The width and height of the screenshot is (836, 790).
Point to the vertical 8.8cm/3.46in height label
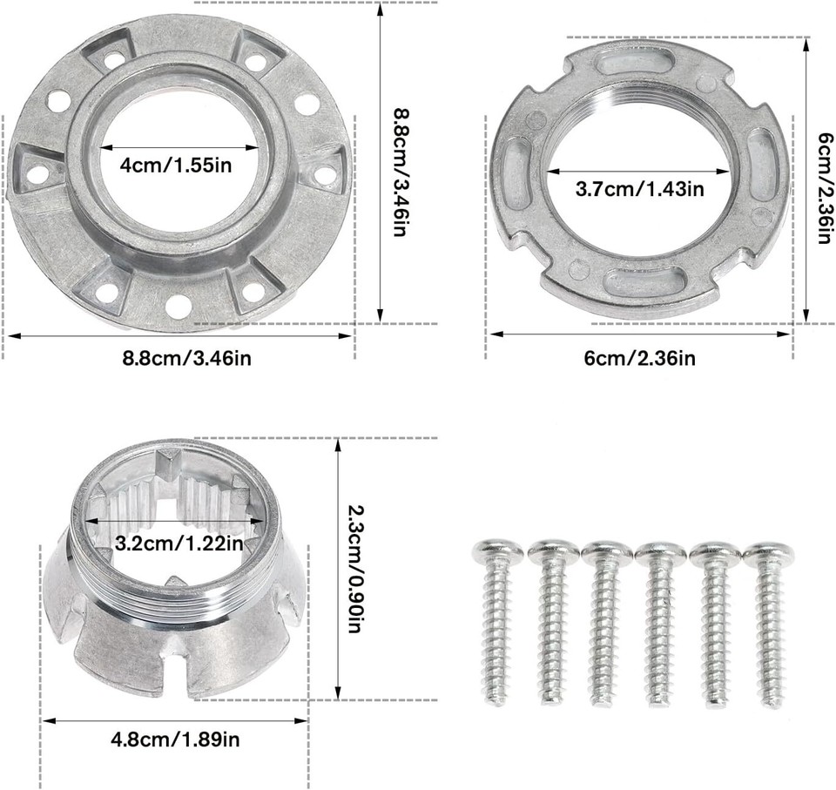click(x=400, y=174)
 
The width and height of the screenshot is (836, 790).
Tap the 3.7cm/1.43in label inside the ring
click(x=640, y=187)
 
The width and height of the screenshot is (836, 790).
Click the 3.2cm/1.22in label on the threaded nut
click(x=178, y=544)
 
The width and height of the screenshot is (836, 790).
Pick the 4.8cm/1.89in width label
click(x=175, y=740)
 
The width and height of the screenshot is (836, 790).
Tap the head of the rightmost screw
click(x=768, y=553)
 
